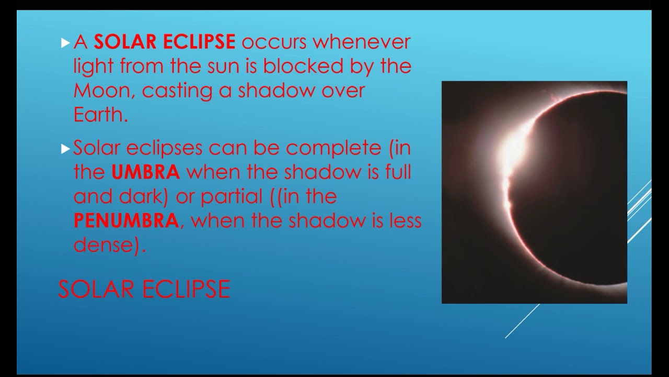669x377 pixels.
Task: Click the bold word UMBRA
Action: (x=145, y=172)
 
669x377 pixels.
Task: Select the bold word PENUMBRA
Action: (x=126, y=220)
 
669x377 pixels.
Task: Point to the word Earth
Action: (x=99, y=115)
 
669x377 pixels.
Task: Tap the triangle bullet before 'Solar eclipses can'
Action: (x=65, y=149)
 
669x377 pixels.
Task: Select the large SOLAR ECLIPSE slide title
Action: (x=144, y=289)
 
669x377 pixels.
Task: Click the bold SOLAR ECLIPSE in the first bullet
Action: (x=165, y=42)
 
